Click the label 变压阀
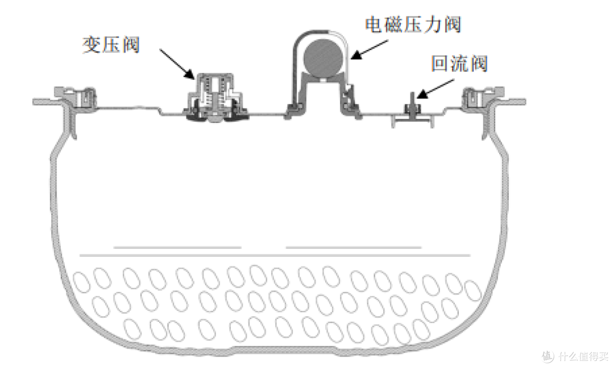pyautogui.click(x=111, y=45)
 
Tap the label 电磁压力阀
pyautogui.click(x=413, y=24)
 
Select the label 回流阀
pyautogui.click(x=460, y=64)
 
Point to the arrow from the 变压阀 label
pyautogui.click(x=177, y=64)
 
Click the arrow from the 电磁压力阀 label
pyautogui.click(x=370, y=50)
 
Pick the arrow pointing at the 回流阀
pyautogui.click(x=435, y=89)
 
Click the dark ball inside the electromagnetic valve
pyautogui.click(x=323, y=59)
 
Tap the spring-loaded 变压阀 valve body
pyautogui.click(x=214, y=97)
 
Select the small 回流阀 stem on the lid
pyautogui.click(x=412, y=104)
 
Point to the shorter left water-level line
pyautogui.click(x=177, y=248)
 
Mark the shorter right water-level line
pyautogui.click(x=354, y=248)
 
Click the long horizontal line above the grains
pyautogui.click(x=275, y=255)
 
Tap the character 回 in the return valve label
pyautogui.click(x=439, y=64)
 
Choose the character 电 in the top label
pyautogui.click(x=374, y=24)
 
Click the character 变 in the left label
pyautogui.click(x=91, y=45)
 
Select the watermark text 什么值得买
pyautogui.click(x=583, y=356)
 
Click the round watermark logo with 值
pyautogui.click(x=548, y=356)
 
